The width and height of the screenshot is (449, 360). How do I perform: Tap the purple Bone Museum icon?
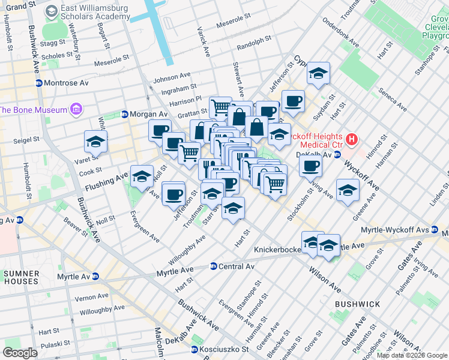76,109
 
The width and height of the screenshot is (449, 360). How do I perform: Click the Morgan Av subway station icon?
125,114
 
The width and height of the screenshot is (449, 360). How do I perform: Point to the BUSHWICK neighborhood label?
357,304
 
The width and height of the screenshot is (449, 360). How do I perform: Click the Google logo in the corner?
20,352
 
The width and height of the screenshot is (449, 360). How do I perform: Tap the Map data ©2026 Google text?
412,355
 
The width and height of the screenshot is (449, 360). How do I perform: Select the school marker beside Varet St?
95,143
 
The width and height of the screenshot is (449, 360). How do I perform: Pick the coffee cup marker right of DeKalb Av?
310,166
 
